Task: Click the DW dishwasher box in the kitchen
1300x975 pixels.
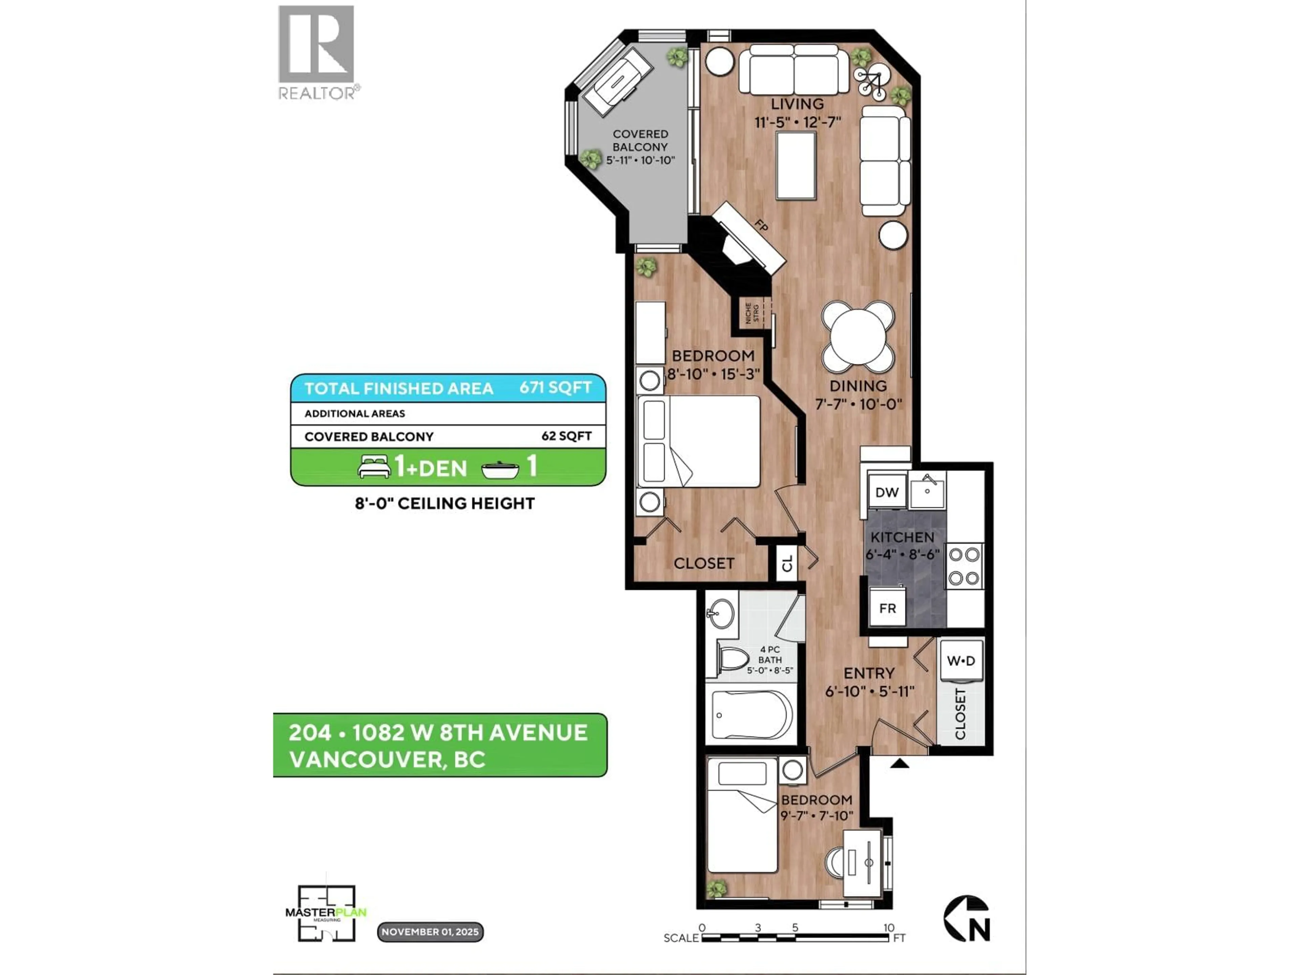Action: (x=886, y=492)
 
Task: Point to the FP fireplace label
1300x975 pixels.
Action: (x=761, y=226)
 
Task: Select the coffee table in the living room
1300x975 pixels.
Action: (x=796, y=165)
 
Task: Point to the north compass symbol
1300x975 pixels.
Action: (x=967, y=918)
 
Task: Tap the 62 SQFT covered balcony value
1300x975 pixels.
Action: (x=566, y=436)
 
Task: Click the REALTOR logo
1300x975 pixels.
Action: (x=316, y=52)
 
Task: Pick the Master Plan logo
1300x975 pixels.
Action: (x=326, y=913)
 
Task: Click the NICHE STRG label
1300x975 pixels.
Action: (x=752, y=313)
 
